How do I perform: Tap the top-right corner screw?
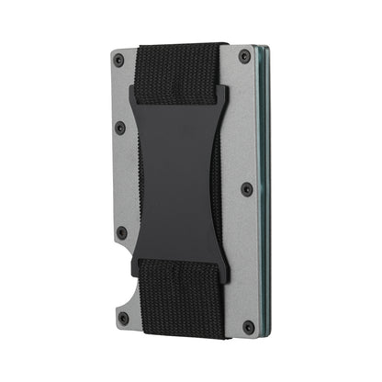click(244, 57)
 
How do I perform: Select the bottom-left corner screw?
click(122, 318)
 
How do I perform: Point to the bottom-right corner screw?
click(246, 325)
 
